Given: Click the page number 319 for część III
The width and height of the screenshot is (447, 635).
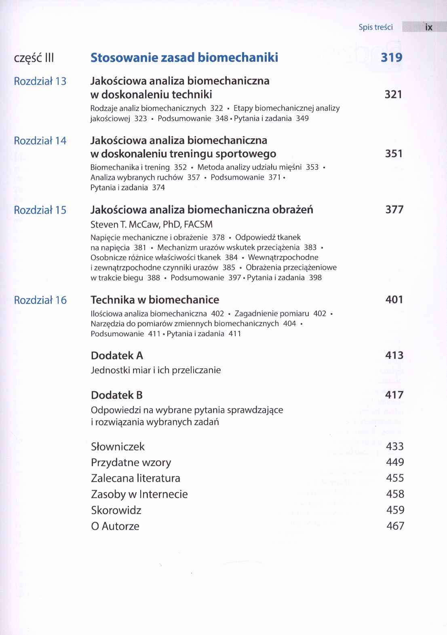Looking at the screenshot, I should (391, 57).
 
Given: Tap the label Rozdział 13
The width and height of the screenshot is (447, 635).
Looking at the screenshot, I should (40, 81).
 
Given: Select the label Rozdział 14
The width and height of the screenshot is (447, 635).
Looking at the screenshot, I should (40, 141).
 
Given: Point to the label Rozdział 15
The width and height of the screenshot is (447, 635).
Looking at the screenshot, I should (40, 210).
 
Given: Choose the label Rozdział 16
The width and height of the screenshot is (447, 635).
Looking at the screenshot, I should (40, 300).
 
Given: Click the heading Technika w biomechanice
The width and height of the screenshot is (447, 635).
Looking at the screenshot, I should (155, 300).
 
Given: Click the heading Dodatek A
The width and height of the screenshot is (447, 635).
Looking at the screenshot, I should (117, 355).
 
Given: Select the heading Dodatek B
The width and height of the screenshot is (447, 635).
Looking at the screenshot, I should (117, 395).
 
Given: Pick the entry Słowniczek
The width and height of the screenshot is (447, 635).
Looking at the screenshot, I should (118, 446).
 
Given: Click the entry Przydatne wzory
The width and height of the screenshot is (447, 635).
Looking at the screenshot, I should (131, 462).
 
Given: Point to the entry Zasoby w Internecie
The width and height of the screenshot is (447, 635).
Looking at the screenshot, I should (139, 494).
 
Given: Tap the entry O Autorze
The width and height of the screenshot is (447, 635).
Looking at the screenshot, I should (115, 526).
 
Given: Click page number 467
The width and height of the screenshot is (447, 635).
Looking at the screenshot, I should (395, 526).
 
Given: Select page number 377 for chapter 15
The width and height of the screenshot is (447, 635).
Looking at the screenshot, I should (394, 210).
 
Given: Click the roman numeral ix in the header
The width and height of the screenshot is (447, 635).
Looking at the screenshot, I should (429, 27).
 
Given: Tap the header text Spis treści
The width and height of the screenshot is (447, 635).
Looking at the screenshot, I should (375, 27).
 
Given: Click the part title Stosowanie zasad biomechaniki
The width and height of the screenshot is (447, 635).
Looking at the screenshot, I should (184, 57).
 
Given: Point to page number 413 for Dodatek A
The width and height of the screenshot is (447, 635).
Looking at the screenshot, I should (394, 355).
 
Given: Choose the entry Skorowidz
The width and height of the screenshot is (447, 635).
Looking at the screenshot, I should (116, 510).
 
